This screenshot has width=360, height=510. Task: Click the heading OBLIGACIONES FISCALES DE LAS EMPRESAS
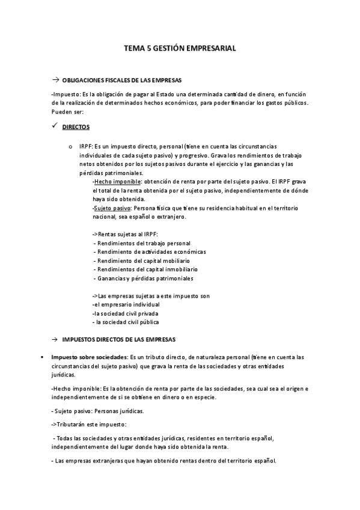[122, 80]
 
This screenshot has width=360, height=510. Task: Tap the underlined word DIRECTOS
[76, 127]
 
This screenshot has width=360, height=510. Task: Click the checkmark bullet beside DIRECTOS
[55, 126]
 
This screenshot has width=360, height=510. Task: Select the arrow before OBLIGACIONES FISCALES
[55, 80]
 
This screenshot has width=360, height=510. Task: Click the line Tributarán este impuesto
[88, 425]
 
